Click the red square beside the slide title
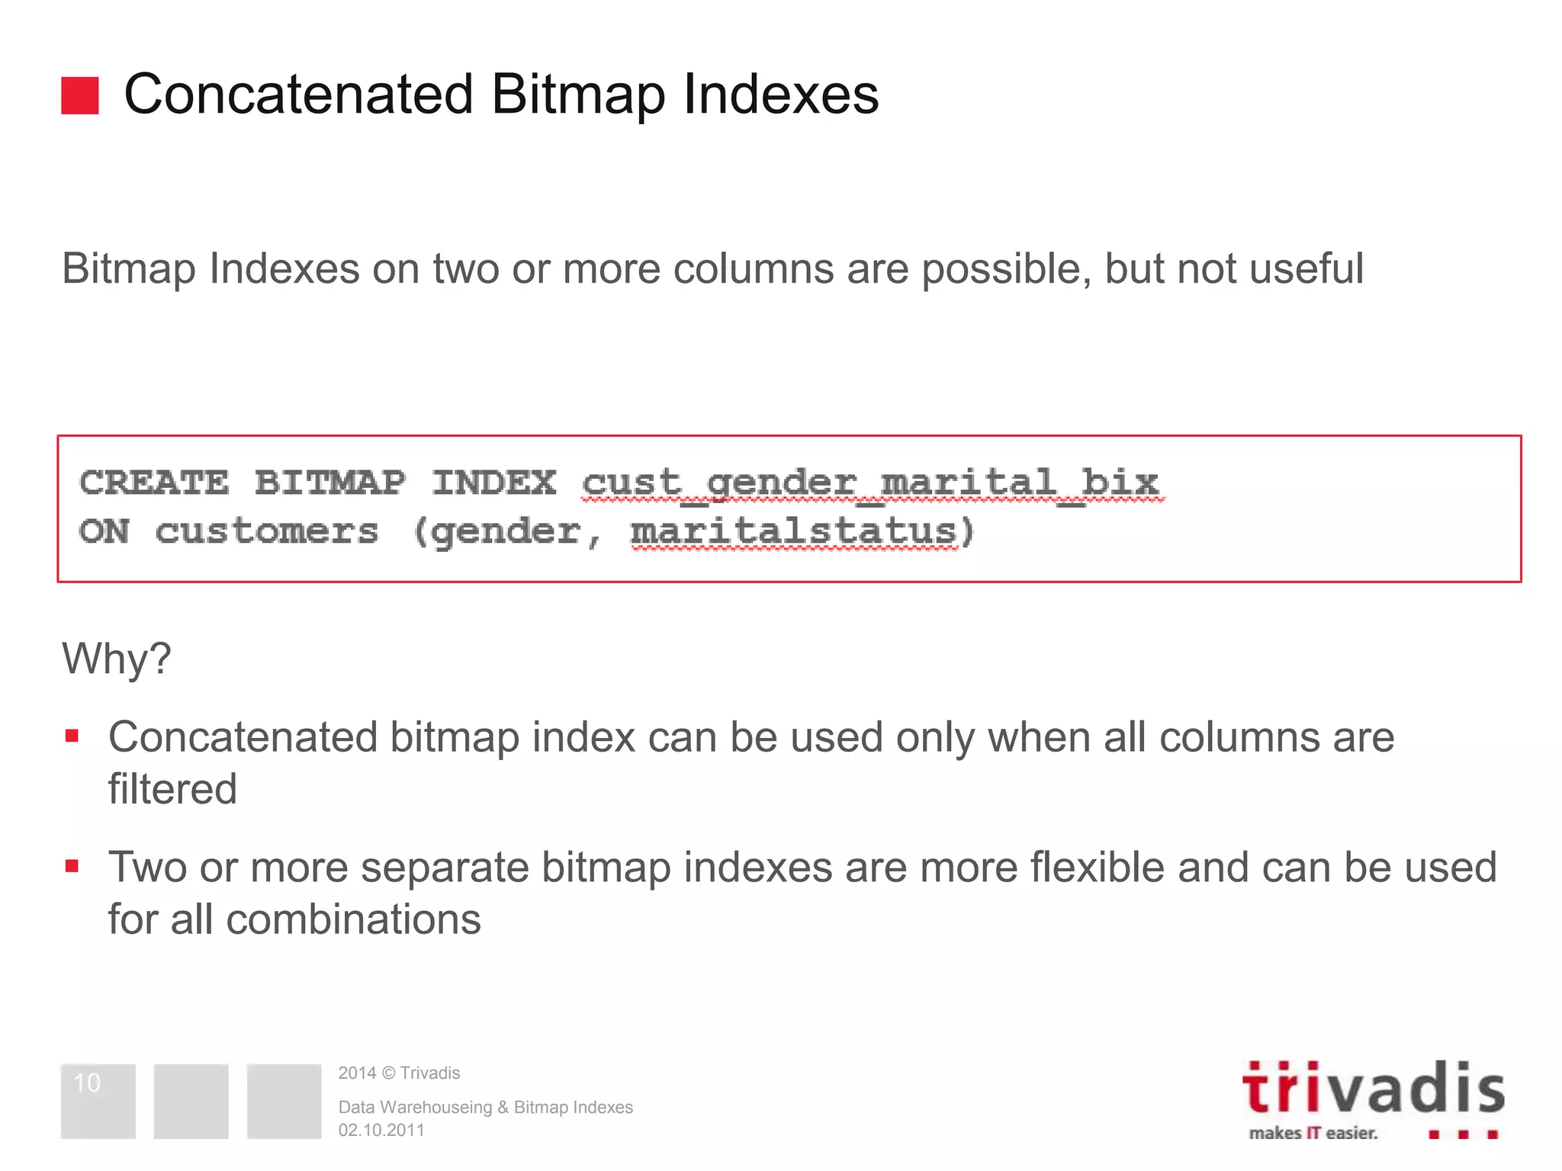(80, 95)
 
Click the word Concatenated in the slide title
(298, 95)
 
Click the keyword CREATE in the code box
(154, 483)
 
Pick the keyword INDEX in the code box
(494, 483)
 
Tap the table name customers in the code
(267, 531)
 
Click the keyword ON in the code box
(104, 531)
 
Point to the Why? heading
(117, 658)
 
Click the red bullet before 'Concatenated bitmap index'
(72, 736)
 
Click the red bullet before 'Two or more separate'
(72, 866)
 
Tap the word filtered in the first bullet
(172, 788)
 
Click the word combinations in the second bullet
(354, 919)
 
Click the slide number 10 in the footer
(87, 1083)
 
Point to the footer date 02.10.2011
(381, 1130)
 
